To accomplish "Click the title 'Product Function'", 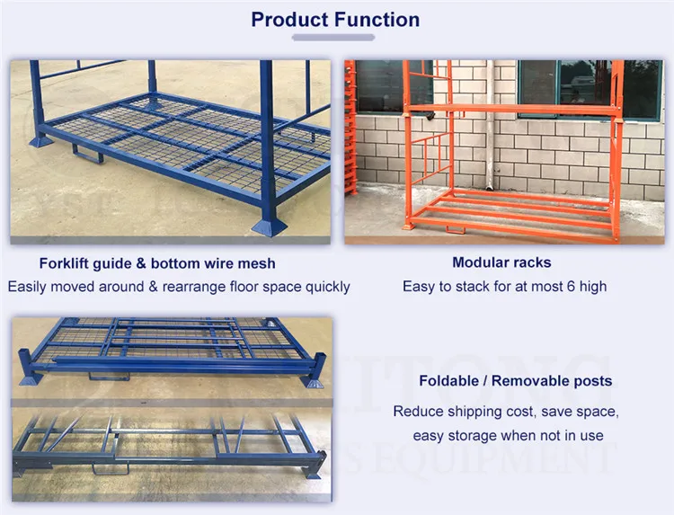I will [335, 19].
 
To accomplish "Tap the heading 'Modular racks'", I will [501, 262].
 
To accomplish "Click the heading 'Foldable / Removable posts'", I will [515, 381].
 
